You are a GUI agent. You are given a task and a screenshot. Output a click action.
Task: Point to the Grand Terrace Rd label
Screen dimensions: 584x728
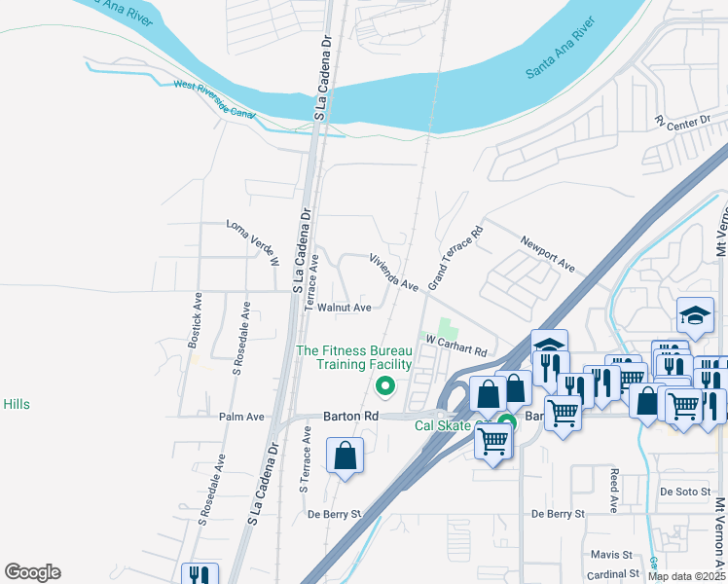point(455,260)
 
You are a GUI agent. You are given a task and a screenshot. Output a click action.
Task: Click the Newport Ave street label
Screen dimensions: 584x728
point(548,252)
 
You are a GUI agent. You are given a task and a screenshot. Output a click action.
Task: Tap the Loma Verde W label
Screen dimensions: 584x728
point(253,242)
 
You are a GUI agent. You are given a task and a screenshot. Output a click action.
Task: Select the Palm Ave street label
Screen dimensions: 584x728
point(241,417)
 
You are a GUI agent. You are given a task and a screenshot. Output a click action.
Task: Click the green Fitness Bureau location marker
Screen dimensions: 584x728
point(385,387)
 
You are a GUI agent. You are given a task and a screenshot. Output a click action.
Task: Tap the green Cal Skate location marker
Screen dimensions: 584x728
point(506,423)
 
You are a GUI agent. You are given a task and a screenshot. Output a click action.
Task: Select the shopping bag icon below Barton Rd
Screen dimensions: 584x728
point(346,456)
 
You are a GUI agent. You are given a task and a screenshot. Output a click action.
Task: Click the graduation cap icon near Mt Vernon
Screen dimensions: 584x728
point(696,314)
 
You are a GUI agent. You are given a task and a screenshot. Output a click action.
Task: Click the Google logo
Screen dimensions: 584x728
point(32,572)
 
